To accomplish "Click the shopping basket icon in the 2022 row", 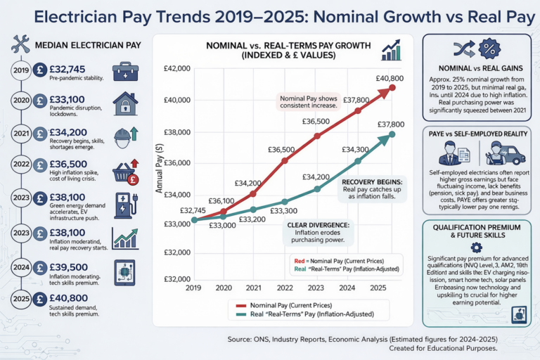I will (125, 172).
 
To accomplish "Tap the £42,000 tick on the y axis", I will (176, 69).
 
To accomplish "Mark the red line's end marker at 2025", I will (392, 87).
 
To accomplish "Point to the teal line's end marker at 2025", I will (392, 134).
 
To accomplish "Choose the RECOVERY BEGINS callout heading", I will (367, 181).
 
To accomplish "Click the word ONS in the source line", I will (278, 339).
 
